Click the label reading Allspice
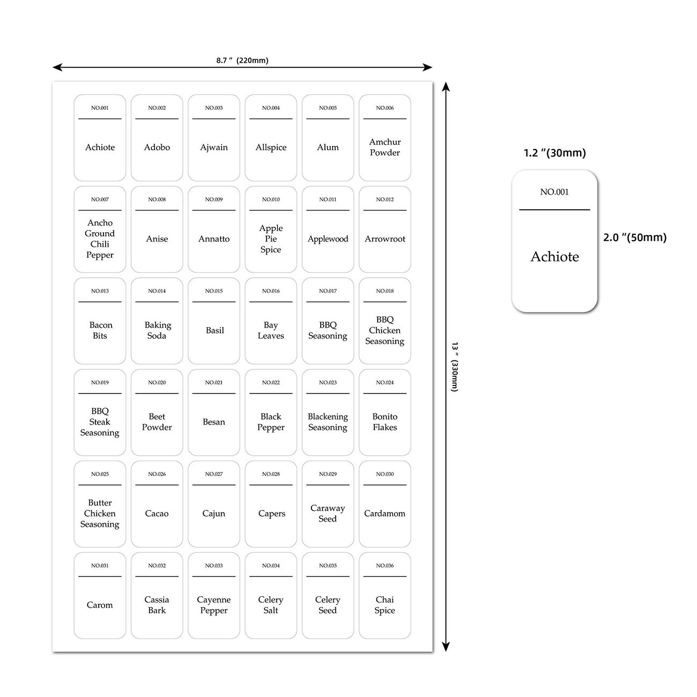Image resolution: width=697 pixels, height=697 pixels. pyautogui.click(x=271, y=147)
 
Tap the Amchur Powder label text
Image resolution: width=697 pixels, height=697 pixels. pyautogui.click(x=385, y=147)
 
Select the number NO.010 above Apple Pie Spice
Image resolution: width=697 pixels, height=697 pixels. pyautogui.click(x=271, y=199)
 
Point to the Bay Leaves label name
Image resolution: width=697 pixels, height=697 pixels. pyautogui.click(x=271, y=330)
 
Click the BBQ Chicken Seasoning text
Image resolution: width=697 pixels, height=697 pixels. pyautogui.click(x=385, y=330)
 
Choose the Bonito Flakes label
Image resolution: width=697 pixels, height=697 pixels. pyautogui.click(x=385, y=422)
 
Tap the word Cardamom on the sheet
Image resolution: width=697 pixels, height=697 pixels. pyautogui.click(x=385, y=514)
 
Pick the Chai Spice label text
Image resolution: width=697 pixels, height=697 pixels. pyautogui.click(x=385, y=605)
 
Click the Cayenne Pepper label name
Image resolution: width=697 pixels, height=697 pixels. pyautogui.click(x=214, y=605)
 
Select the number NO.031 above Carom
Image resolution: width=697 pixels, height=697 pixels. pyautogui.click(x=100, y=566)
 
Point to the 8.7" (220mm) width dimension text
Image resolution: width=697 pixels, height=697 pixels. pyautogui.click(x=242, y=60)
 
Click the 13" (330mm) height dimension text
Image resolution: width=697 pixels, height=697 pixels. pyautogui.click(x=455, y=367)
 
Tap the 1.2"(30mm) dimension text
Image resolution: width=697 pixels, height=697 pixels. pyautogui.click(x=555, y=153)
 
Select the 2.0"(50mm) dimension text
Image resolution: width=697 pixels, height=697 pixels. pyautogui.click(x=635, y=238)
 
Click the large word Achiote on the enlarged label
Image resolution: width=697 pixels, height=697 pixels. pyautogui.click(x=555, y=257)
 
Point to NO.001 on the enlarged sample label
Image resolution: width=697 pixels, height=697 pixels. pyautogui.click(x=554, y=192)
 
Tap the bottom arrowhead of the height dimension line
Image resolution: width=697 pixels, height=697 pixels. pyautogui.click(x=446, y=647)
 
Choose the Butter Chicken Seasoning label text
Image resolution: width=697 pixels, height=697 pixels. pyautogui.click(x=100, y=514)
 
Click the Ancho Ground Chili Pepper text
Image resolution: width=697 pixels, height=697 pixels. pyautogui.click(x=100, y=239)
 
